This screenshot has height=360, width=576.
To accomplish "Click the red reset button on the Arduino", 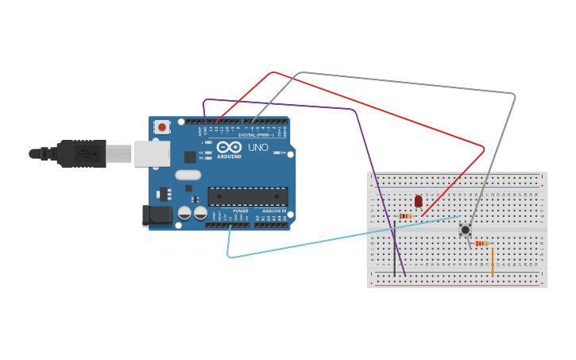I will (162, 126).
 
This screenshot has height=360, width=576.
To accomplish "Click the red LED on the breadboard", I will (419, 201).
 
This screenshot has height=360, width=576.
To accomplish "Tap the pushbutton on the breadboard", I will (465, 230).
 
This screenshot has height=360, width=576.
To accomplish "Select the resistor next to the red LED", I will (405, 216).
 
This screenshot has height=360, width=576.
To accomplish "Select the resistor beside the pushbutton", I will (481, 243).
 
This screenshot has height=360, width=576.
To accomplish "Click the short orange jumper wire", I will (493, 262).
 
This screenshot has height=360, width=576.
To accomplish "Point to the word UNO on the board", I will (258, 147).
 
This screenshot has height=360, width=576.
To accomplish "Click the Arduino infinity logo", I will (229, 147).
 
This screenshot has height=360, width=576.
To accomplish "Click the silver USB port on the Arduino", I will (152, 153).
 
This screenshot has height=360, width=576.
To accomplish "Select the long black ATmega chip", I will (248, 196).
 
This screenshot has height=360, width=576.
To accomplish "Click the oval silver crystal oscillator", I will (188, 175).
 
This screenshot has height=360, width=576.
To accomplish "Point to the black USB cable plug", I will (80, 153).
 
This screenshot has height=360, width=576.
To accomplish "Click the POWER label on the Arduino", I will (240, 211).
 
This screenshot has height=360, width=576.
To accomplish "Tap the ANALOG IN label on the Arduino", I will (274, 211).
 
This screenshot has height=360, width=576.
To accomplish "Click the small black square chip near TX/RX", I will (191, 157).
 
